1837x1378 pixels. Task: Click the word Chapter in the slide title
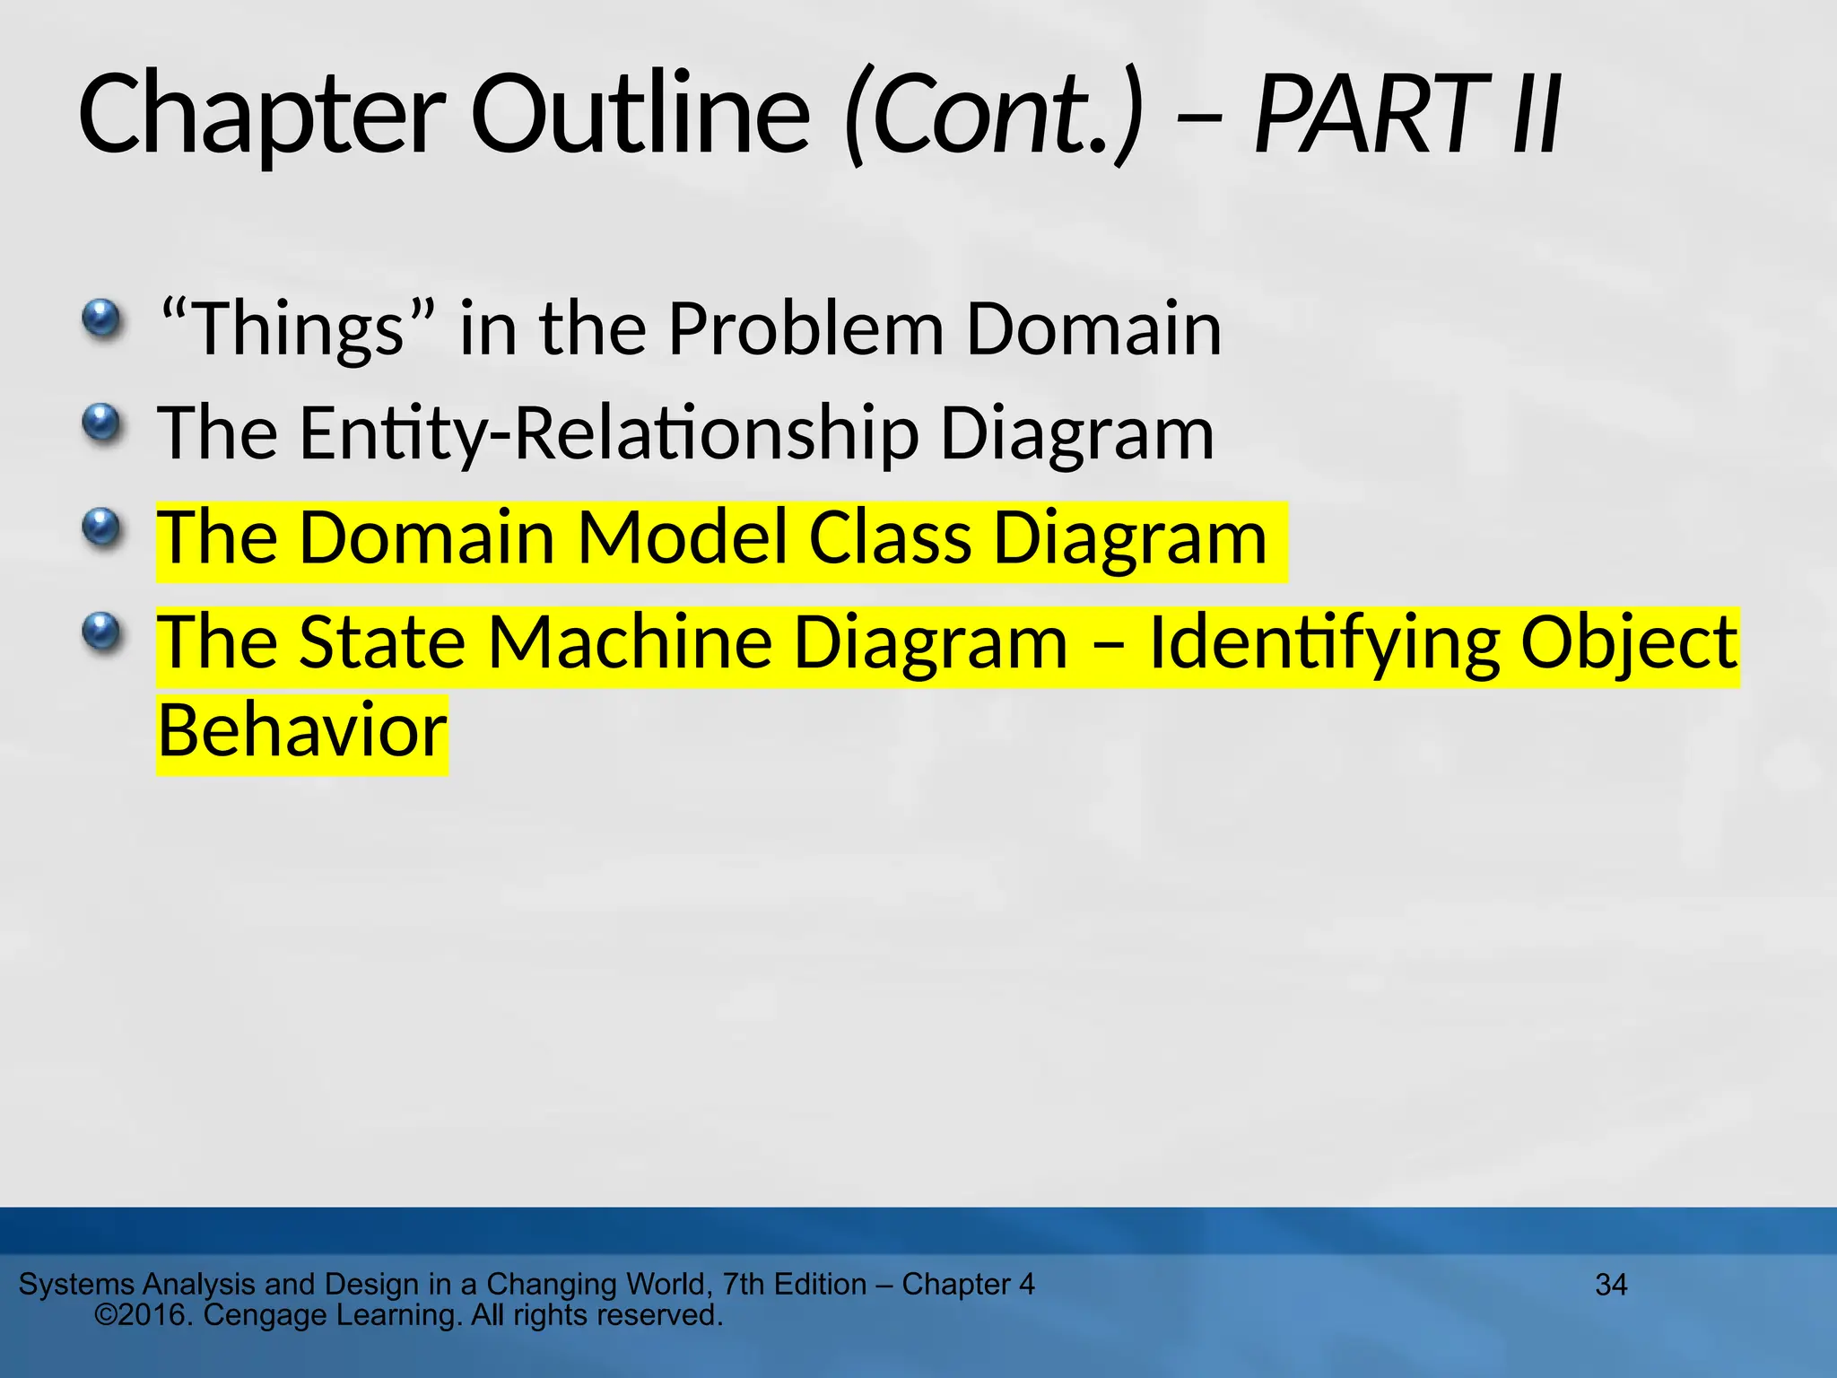point(260,116)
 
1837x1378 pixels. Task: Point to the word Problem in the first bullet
point(806,329)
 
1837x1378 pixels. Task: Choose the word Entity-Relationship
point(609,434)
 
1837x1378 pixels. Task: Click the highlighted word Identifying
point(1324,642)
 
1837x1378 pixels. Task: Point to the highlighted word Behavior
point(302,730)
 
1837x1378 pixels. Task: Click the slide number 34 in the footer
point(1611,1285)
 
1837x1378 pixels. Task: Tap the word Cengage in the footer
point(266,1315)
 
